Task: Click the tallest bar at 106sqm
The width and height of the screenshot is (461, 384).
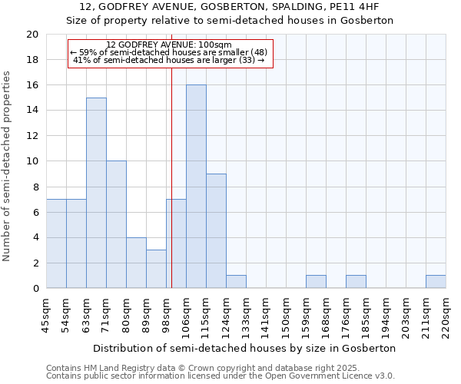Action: point(196,187)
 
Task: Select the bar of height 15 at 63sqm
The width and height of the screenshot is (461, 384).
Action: point(96,193)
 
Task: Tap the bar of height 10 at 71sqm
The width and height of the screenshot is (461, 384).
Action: point(116,224)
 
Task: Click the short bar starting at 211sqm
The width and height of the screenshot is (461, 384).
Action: point(436,282)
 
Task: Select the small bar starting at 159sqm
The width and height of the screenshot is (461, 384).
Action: point(316,282)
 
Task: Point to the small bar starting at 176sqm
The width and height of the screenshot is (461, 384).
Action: point(356,282)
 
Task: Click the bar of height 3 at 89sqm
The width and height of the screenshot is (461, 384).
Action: point(156,269)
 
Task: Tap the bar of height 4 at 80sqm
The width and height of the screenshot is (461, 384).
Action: point(136,263)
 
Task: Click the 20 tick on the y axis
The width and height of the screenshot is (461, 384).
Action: point(32,35)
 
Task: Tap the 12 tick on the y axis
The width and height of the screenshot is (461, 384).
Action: point(32,136)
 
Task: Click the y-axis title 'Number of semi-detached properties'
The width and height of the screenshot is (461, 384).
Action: point(8,166)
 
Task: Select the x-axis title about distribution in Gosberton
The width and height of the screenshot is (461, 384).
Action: point(246,348)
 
